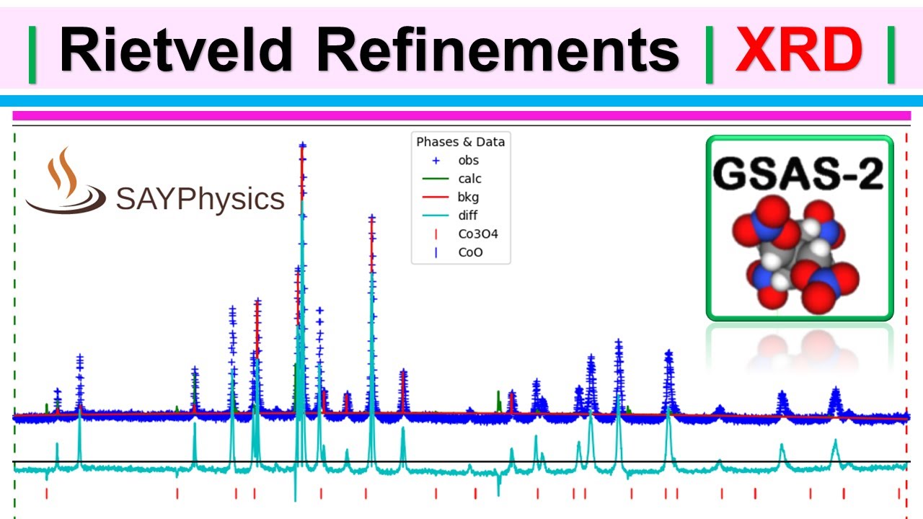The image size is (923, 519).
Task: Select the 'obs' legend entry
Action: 468,160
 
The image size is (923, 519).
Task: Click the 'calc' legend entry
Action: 469,179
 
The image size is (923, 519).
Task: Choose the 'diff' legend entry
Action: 467,216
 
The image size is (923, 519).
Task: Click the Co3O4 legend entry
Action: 477,234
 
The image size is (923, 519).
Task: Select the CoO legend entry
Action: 470,253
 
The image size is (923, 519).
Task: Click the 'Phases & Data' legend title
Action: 461,142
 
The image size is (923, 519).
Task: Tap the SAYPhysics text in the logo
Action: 200,198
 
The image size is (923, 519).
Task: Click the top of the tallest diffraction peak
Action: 302,146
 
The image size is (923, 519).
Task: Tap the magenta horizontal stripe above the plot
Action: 461,115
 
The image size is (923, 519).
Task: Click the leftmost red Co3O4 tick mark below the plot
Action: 46,493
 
